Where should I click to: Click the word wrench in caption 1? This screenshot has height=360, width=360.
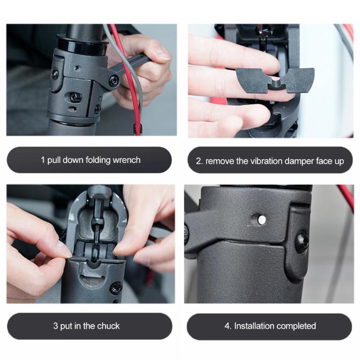[x=127, y=160]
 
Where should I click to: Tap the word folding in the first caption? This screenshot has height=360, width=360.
[x=98, y=160]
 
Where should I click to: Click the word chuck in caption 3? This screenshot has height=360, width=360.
[x=108, y=326]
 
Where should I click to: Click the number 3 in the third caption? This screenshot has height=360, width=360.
[x=55, y=326]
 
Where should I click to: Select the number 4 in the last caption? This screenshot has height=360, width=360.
[x=227, y=326]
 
